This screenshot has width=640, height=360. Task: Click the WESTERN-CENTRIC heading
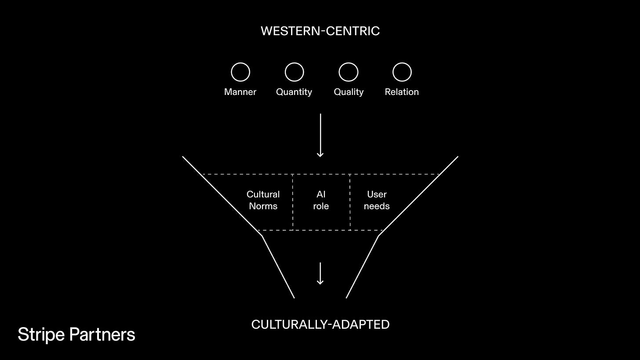320,31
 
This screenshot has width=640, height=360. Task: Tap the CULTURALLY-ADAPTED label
320,324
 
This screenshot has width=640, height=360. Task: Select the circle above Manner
240,72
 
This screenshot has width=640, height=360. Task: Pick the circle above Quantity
294,72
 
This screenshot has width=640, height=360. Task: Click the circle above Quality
348,72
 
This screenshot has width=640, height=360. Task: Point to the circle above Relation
402,72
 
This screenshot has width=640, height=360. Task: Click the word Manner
240,92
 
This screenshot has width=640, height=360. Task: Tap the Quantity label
294,92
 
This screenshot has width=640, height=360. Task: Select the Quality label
349,92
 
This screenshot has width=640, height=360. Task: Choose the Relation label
402,92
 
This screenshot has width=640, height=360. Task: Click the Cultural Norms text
263,200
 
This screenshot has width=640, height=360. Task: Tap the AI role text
321,200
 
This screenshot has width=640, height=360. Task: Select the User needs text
377,200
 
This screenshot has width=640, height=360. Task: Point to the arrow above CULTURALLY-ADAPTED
320,273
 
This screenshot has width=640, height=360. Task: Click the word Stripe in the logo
41,335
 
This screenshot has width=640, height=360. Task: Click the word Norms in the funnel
263,206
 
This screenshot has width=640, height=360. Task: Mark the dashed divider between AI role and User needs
350,202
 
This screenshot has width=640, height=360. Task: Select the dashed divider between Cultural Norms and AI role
293,202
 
